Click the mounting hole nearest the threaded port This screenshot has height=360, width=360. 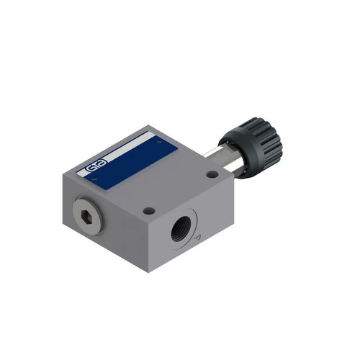[149, 211]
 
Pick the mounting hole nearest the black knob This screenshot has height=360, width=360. [211, 174]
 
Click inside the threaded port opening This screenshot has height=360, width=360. [176, 233]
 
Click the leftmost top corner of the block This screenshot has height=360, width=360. [76, 172]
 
